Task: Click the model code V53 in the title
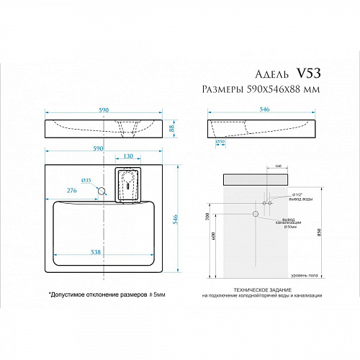point(309,74)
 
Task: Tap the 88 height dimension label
point(172,128)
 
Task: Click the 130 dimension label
point(127,156)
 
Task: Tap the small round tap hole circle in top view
point(102,191)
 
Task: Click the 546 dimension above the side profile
point(264,109)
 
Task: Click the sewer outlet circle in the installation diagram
point(256,214)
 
